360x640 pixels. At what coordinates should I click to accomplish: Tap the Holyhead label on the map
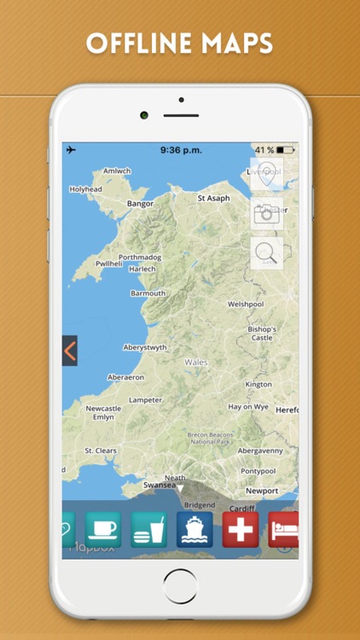[x=85, y=189]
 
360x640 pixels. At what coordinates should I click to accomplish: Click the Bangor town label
[x=140, y=204]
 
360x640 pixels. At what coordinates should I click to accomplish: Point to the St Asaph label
[x=213, y=198]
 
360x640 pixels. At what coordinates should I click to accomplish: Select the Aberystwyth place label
[x=148, y=347]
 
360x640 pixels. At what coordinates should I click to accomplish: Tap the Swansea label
[x=159, y=485]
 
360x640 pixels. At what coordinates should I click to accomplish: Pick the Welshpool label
[x=247, y=304]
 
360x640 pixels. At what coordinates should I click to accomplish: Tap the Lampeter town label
[x=145, y=400]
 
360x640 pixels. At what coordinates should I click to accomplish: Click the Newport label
[x=262, y=491]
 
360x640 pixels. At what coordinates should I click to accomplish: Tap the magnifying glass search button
[x=266, y=253]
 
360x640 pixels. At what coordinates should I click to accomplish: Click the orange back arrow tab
[x=70, y=350]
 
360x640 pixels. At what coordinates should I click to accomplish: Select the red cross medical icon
[x=241, y=529]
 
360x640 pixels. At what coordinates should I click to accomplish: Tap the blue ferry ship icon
[x=195, y=529]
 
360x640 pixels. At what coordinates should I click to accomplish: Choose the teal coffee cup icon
[x=102, y=529]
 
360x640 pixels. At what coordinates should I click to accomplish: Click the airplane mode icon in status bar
[x=71, y=149]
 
